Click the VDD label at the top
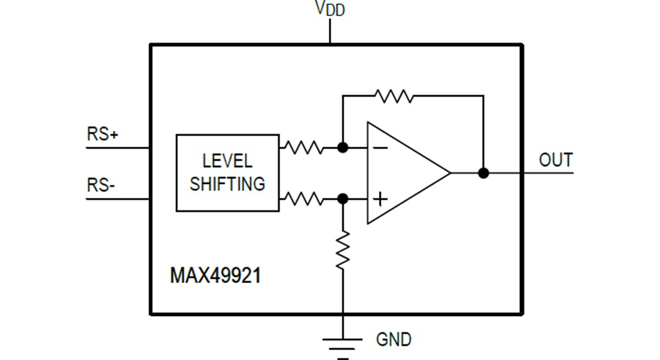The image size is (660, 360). click(x=330, y=9)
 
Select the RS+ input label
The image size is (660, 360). click(x=102, y=134)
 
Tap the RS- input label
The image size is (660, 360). click(x=101, y=185)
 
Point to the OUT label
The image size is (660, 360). click(x=555, y=160)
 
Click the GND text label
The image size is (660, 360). click(x=394, y=339)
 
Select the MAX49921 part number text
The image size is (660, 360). click(x=215, y=275)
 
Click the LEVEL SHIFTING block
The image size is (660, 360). click(x=227, y=173)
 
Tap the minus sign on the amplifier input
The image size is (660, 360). click(x=380, y=148)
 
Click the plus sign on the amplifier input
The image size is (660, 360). click(x=380, y=199)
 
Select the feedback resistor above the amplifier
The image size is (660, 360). click(x=394, y=96)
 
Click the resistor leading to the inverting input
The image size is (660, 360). click(x=303, y=147)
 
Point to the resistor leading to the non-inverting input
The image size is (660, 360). click(x=303, y=199)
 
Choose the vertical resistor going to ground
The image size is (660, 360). click(x=343, y=249)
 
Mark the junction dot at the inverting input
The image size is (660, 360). click(x=343, y=147)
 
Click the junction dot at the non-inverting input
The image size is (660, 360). click(x=343, y=199)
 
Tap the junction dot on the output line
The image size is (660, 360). click(x=483, y=173)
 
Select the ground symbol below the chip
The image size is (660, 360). click(x=343, y=345)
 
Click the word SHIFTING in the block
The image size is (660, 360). click(x=227, y=184)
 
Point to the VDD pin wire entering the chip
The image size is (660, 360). click(x=330, y=32)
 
